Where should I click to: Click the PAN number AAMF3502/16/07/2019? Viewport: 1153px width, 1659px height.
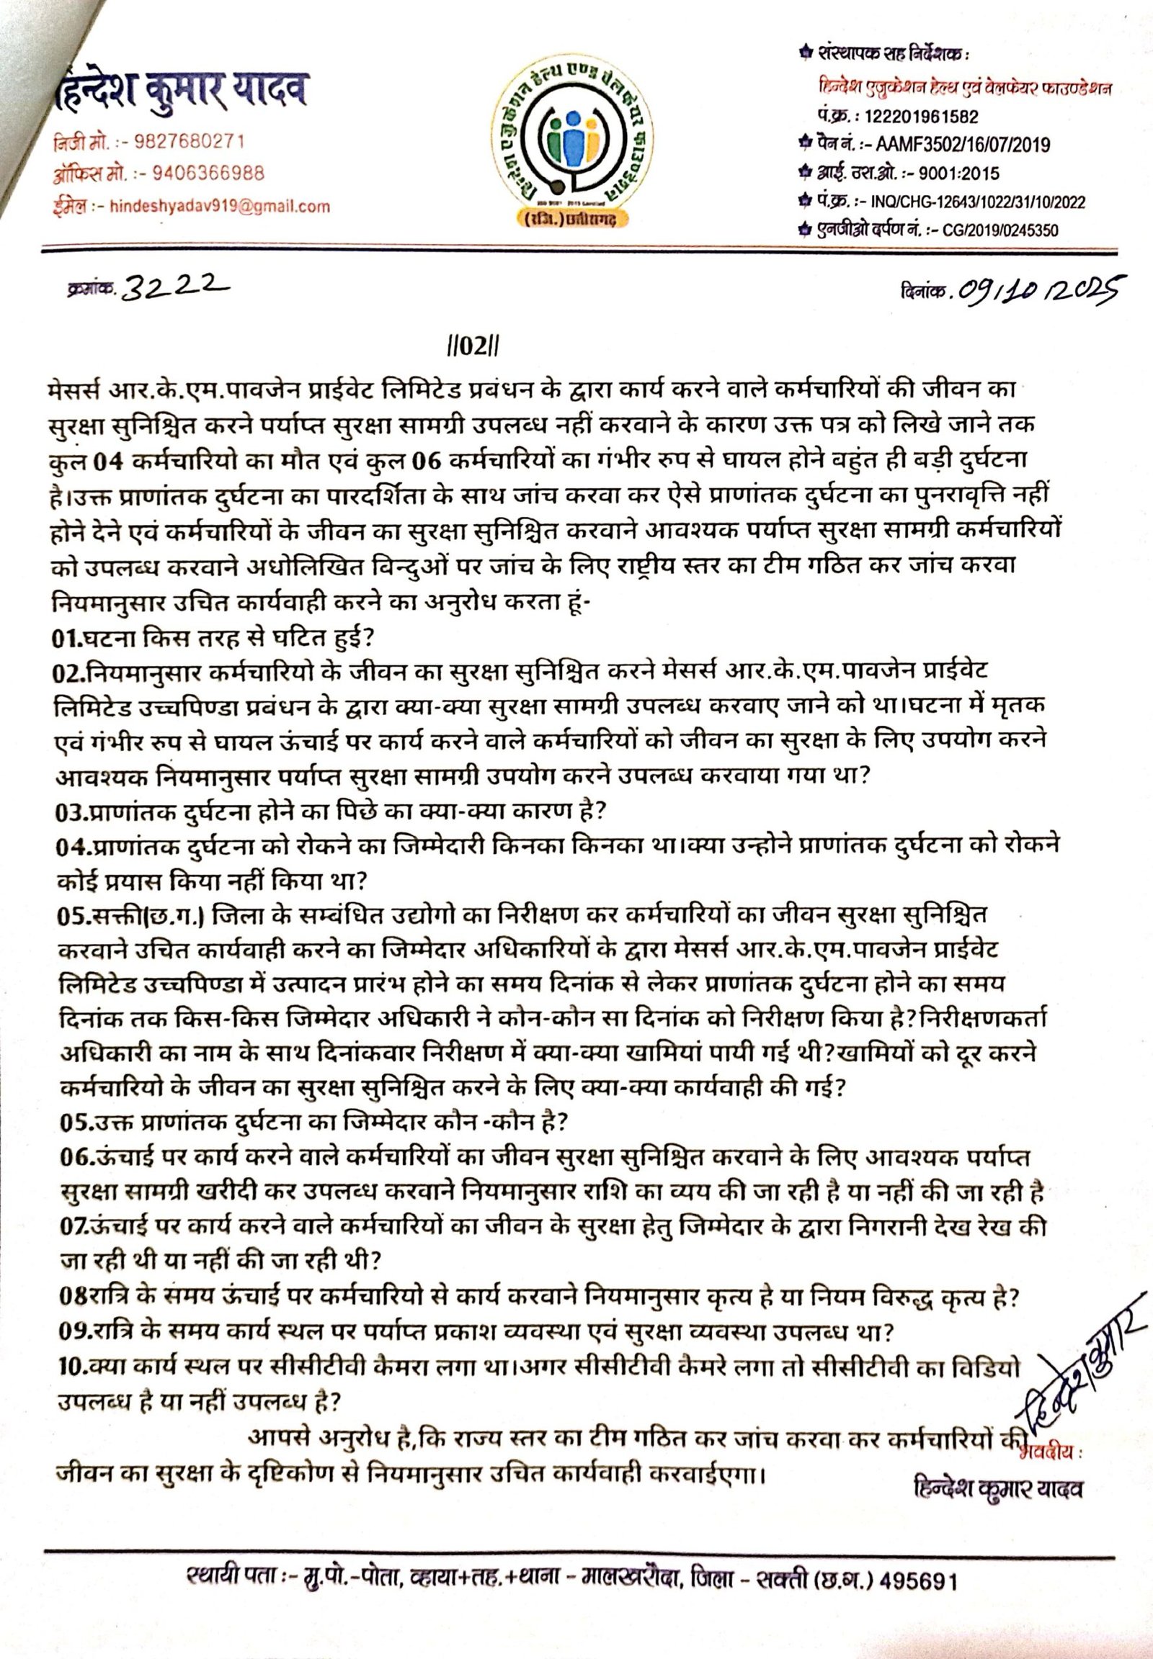pos(962,145)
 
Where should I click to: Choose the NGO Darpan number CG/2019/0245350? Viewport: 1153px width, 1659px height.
pos(1001,230)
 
